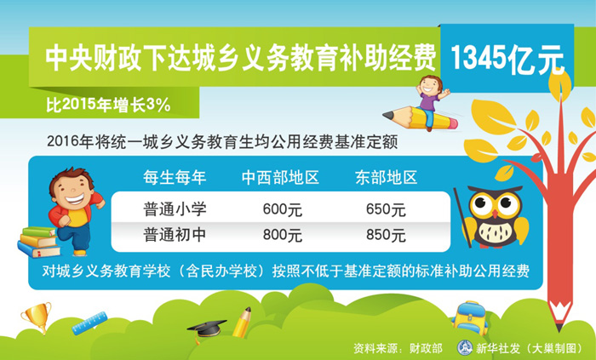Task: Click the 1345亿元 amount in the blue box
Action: click(507, 59)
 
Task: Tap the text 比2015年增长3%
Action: click(108, 105)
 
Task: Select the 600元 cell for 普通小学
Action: click(283, 209)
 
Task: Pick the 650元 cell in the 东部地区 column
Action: click(386, 209)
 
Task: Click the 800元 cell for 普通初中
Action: click(283, 235)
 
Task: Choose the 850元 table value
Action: click(386, 235)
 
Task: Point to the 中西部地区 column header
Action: click(280, 177)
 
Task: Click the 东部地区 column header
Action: click(387, 177)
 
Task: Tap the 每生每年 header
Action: click(175, 177)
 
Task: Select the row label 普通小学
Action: click(175, 209)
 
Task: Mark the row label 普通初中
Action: click(175, 235)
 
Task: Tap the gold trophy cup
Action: click(37, 317)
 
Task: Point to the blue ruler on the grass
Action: click(89, 323)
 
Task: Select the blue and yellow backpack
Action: click(470, 317)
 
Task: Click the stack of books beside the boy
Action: click(39, 242)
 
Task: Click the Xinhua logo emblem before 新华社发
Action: click(464, 348)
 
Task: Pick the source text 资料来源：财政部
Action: click(398, 348)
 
